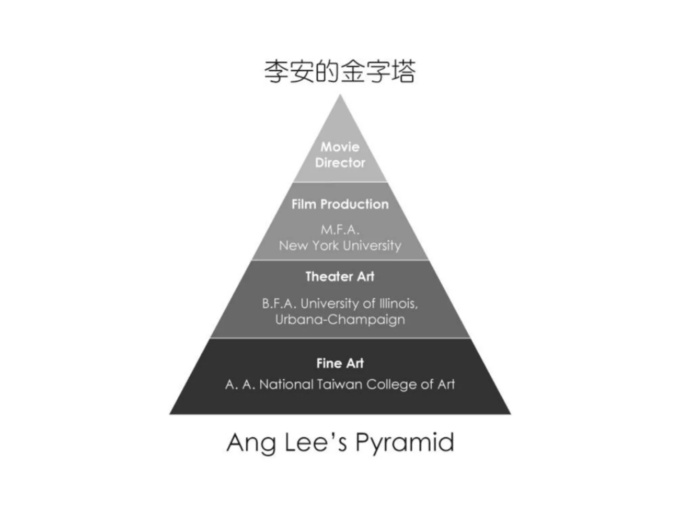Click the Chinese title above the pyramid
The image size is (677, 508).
tap(340, 72)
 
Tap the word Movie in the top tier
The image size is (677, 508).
tap(340, 147)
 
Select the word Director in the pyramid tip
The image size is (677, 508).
tap(340, 162)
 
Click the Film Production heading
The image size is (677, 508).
tap(340, 204)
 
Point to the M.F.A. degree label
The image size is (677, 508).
tap(340, 230)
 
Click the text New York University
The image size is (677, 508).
tap(340, 246)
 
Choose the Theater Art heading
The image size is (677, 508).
tap(340, 277)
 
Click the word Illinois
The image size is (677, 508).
tap(398, 304)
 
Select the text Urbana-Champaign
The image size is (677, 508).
tap(340, 319)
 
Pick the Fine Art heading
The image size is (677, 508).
tap(340, 363)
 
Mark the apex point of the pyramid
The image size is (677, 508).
tap(340, 96)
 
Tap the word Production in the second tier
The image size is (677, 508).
tap(354, 204)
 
